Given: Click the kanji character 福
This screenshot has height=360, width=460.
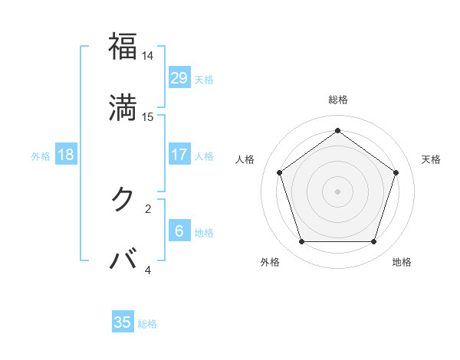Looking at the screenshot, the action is point(123,47).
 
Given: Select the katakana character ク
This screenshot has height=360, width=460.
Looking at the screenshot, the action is point(123,198).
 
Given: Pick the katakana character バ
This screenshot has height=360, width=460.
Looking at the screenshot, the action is point(123,260).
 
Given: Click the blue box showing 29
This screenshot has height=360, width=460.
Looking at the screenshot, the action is point(179,78).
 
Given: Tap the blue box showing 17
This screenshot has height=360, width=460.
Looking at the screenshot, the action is point(179,155).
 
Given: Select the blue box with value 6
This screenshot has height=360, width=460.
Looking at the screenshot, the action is point(179,231).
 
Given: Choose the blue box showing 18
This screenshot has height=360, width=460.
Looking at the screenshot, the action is point(66,155).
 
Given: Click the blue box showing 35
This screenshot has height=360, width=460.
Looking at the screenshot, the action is point(123,322).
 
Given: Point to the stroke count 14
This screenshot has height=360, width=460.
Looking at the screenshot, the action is point(148,57).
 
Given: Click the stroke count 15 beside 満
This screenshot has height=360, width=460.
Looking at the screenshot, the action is point(148,117).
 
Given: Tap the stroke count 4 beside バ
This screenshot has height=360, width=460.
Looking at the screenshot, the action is point(148,270).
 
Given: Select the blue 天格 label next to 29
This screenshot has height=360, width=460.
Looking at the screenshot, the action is point(204,80).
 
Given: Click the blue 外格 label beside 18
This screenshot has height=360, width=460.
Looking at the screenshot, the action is point(41,156).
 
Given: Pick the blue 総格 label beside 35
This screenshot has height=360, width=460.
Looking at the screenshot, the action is point(147,324).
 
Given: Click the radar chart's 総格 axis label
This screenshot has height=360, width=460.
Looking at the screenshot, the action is point(338,100).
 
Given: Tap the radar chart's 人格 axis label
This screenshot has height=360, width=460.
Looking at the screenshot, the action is point(245,159).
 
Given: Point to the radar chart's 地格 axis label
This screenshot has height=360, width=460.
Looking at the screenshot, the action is point(402,262).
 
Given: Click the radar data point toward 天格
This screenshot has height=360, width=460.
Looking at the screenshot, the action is point(396,172).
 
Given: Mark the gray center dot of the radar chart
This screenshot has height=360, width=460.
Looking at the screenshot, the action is point(338,191).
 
